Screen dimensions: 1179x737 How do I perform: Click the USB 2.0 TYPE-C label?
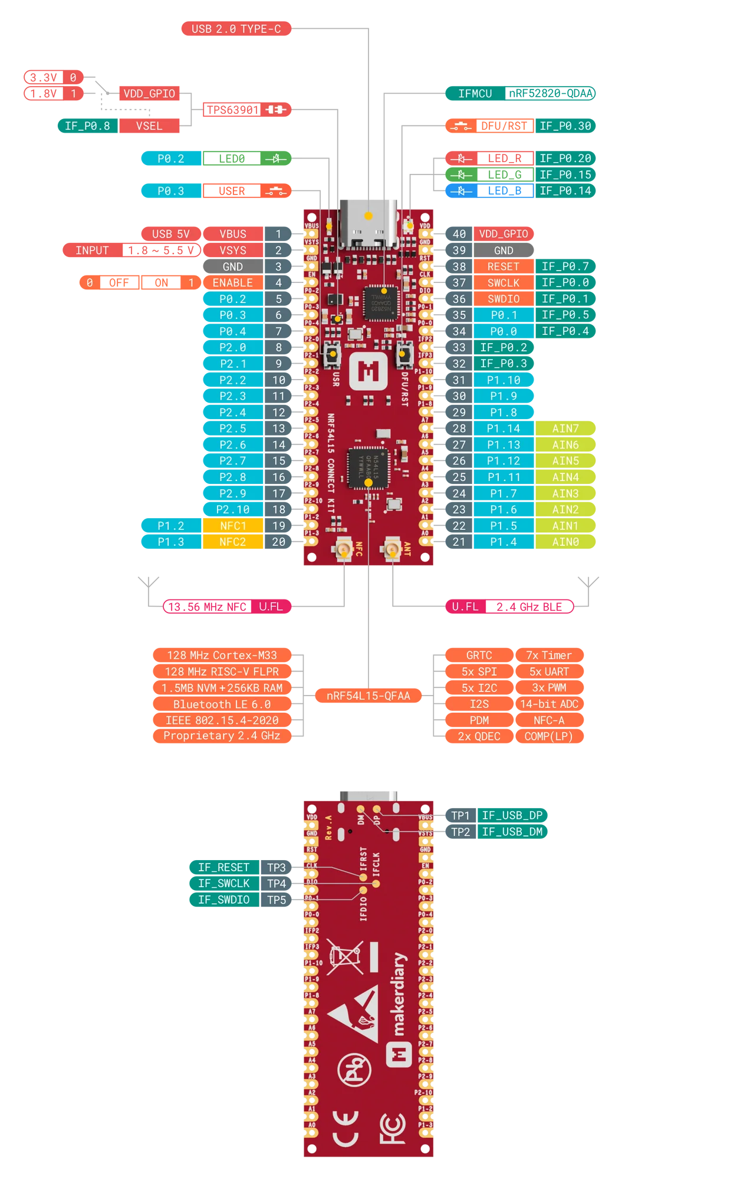[x=236, y=28]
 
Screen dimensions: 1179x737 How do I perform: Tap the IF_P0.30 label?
[x=565, y=126]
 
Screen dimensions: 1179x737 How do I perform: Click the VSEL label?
[x=149, y=126]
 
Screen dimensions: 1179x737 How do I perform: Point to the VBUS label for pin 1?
[x=232, y=234]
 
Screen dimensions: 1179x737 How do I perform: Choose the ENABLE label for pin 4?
[x=232, y=283]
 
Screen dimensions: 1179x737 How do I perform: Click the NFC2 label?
[x=232, y=542]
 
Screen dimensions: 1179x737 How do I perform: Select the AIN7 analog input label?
[x=565, y=429]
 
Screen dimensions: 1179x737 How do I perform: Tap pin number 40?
[x=459, y=234]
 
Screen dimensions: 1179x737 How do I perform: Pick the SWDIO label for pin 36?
[x=503, y=299]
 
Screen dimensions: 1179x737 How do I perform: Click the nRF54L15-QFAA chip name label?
[x=368, y=696]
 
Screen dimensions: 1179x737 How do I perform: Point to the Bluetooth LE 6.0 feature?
[x=222, y=704]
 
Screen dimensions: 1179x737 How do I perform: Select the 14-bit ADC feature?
[x=549, y=704]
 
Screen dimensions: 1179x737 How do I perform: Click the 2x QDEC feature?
[x=479, y=736]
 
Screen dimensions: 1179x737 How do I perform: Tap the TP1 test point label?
[x=460, y=815]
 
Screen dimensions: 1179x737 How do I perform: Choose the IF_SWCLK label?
[x=223, y=883]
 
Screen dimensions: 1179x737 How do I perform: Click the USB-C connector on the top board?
[x=368, y=224]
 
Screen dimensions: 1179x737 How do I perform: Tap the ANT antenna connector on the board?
[x=390, y=551]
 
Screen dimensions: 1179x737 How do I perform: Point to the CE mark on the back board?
[x=346, y=1128]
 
